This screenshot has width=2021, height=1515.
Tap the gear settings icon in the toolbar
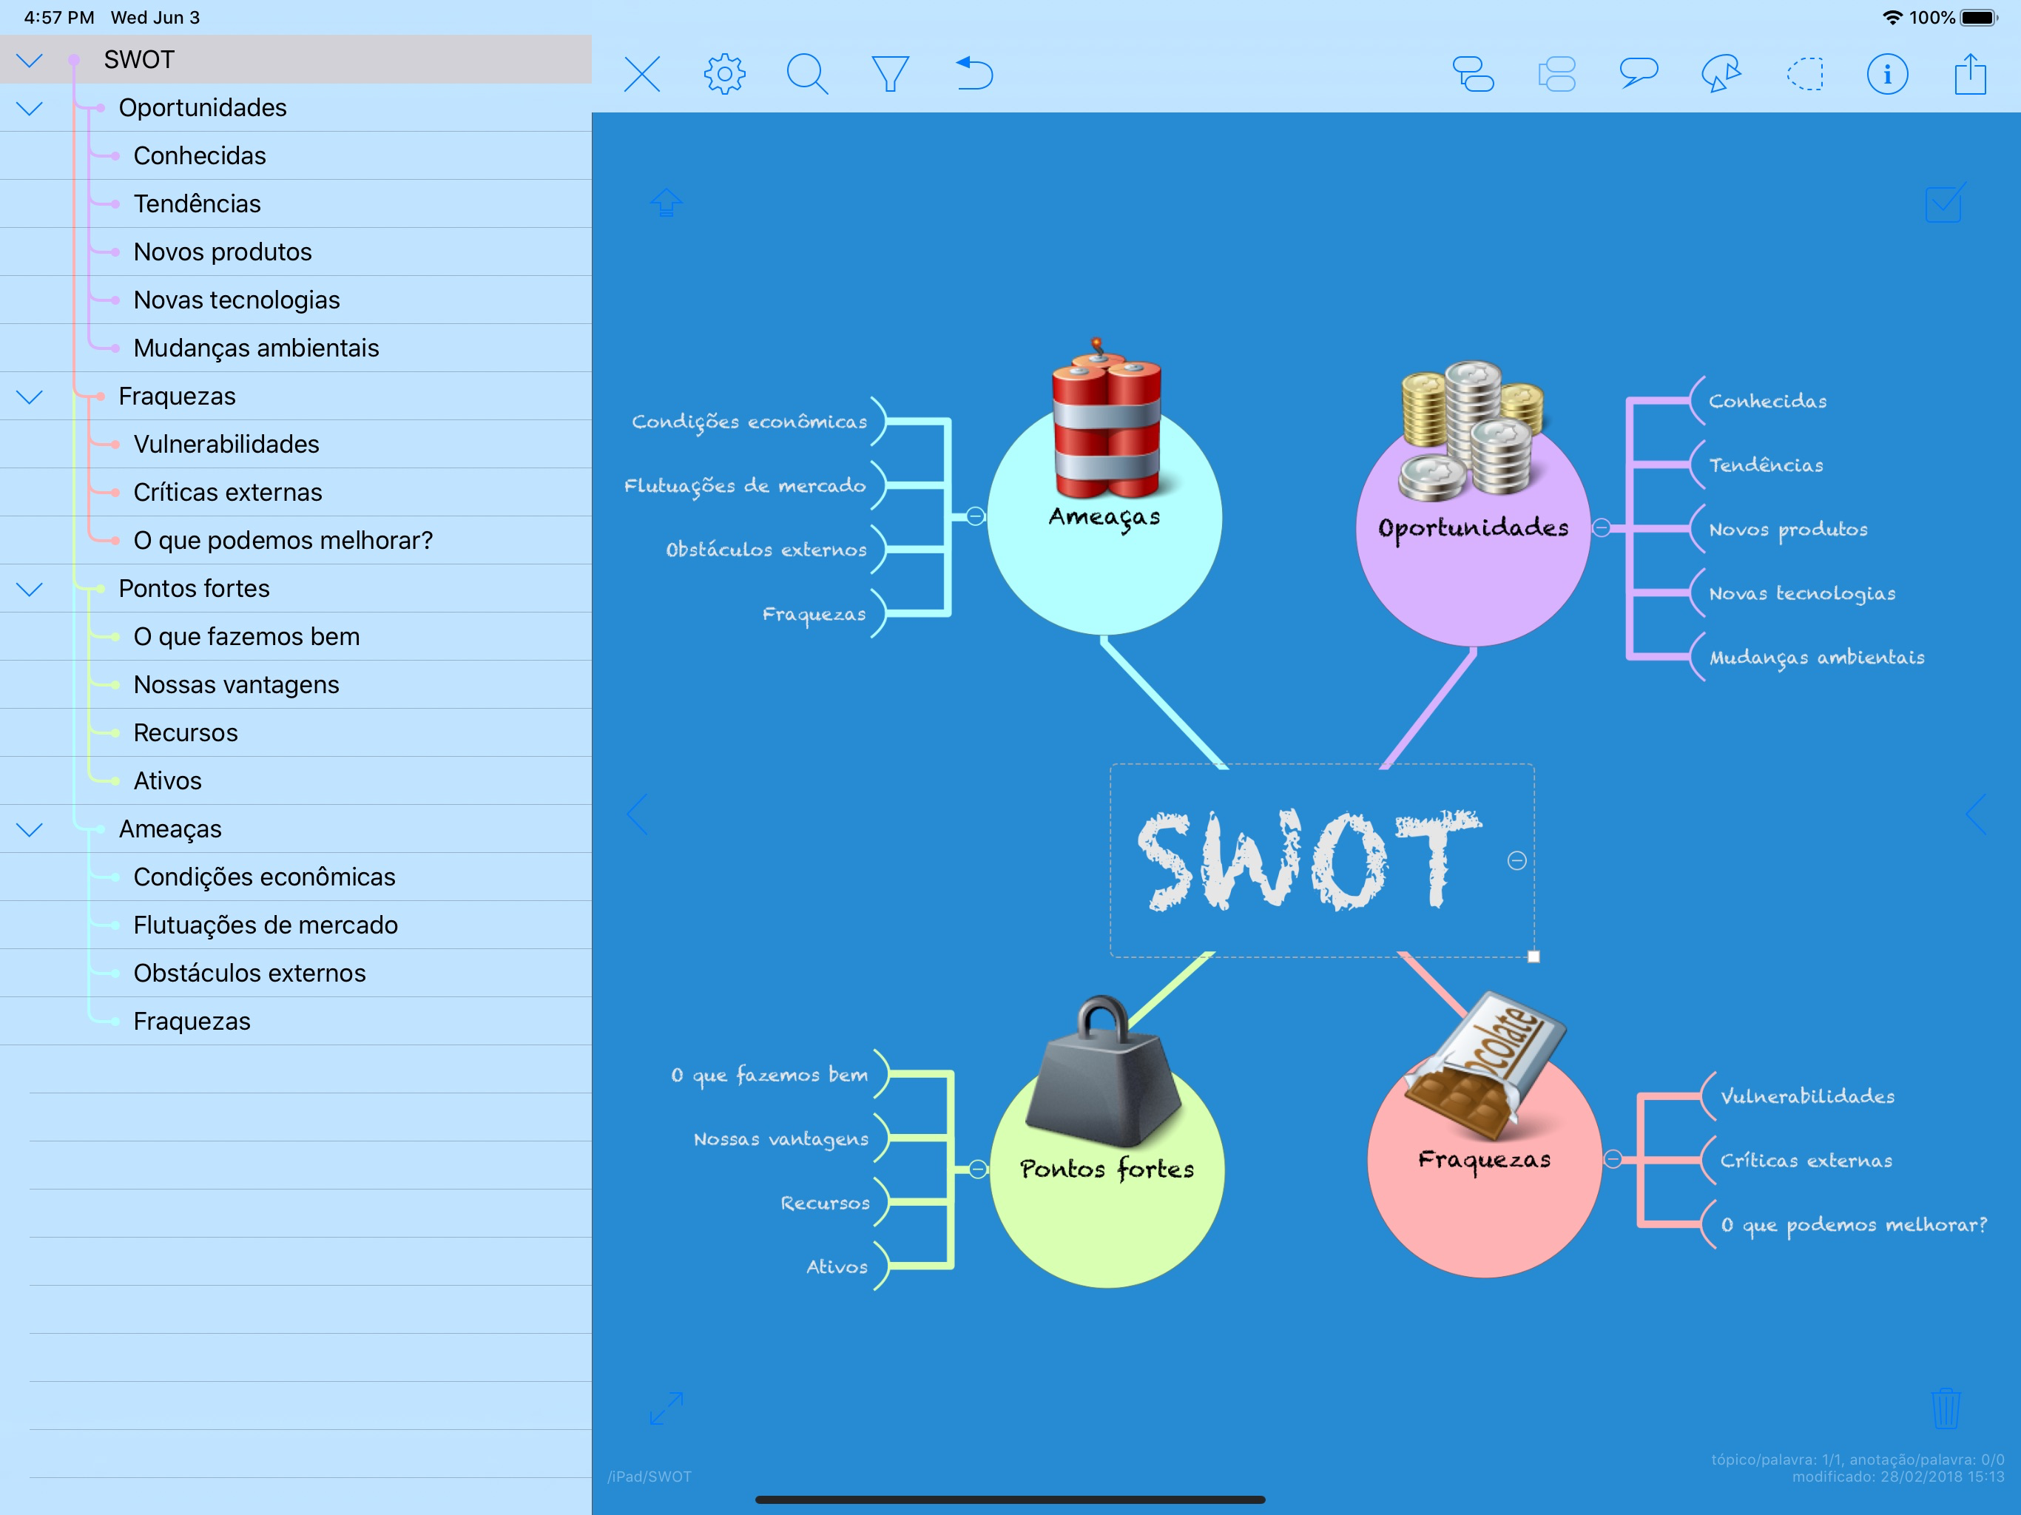pos(724,74)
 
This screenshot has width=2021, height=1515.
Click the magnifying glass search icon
pos(807,74)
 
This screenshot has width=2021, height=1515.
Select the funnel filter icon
pos(890,74)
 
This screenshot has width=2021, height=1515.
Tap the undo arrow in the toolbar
pos(974,74)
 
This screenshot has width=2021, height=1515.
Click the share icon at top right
pos(1970,74)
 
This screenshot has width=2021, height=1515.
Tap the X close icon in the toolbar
pos(642,74)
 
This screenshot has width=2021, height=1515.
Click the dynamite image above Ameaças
pos(1105,420)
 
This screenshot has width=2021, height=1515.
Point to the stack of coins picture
pos(1471,430)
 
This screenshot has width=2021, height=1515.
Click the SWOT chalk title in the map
pos(1306,861)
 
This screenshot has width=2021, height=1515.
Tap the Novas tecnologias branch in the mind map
pos(1802,593)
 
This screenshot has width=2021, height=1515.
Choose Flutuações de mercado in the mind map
pos(745,485)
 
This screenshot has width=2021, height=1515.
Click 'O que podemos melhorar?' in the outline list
pos(283,540)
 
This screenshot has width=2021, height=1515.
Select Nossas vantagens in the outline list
pos(236,684)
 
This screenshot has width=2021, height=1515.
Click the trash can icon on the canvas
pos(1945,1408)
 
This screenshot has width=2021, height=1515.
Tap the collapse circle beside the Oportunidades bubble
pos(1601,528)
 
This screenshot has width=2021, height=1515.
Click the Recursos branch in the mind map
pos(824,1203)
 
